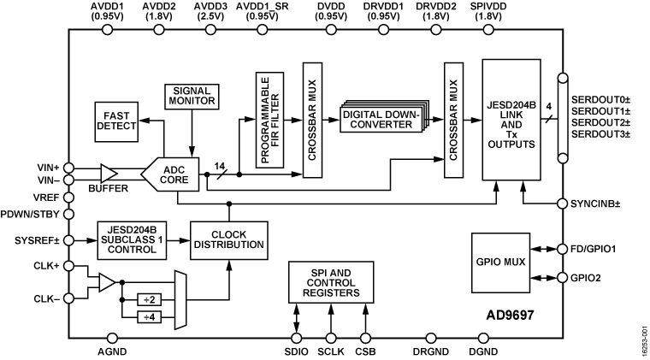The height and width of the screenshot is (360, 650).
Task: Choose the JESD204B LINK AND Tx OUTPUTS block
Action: click(511, 120)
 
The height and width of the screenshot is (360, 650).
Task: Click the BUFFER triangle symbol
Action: click(109, 174)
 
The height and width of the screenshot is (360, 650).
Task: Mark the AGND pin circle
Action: click(112, 339)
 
